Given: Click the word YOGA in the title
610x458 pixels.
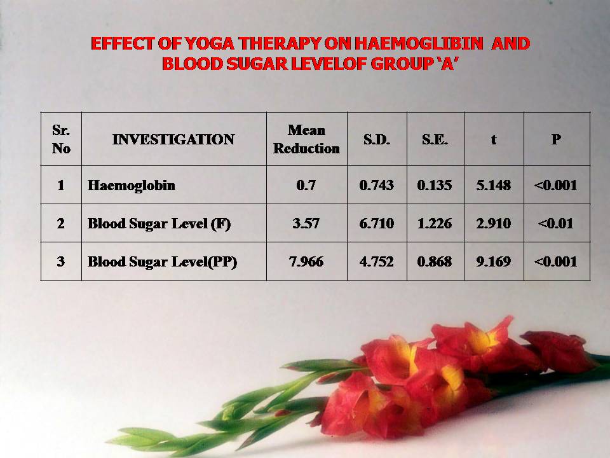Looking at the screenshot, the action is click(209, 43).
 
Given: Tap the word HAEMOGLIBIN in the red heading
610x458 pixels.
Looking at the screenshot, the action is click(419, 43).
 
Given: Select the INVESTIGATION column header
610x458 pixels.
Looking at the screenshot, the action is click(173, 139).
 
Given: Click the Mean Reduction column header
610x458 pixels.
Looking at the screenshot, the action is click(306, 139).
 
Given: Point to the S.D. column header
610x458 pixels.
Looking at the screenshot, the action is click(377, 139).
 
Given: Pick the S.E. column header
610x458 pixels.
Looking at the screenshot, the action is click(435, 139).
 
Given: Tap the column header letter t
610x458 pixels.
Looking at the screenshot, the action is click(494, 139).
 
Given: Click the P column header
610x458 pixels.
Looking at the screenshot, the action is click(556, 139).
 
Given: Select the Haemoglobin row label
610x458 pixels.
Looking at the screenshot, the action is click(132, 185).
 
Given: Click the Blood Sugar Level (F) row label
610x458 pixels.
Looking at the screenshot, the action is click(159, 223).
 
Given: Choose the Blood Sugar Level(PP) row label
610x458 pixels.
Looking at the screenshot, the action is click(162, 261).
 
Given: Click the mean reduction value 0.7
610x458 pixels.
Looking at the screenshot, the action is click(306, 185).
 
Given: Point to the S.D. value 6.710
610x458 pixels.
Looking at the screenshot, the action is click(377, 223).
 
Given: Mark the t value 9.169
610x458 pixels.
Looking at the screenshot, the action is click(494, 261).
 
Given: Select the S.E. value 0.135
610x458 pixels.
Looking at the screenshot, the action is click(435, 185).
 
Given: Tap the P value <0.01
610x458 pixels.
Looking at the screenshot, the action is click(555, 223).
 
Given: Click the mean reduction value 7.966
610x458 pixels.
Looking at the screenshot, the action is click(306, 261).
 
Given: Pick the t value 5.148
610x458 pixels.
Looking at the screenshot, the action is click(494, 185).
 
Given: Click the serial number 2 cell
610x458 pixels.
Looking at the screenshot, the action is click(61, 223).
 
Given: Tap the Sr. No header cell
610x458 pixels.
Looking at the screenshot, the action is click(61, 139).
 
